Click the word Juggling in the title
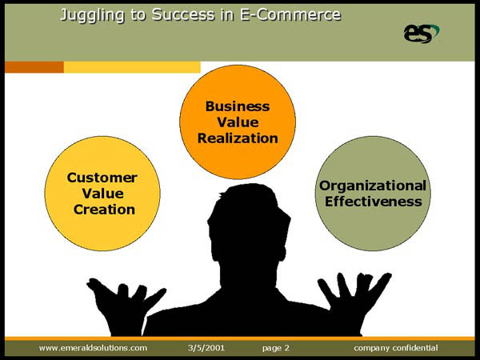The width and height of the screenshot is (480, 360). point(93,15)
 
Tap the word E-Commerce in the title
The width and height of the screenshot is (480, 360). point(290,14)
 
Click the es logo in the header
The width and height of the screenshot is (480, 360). point(422,34)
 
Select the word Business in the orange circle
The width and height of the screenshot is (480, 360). point(238,106)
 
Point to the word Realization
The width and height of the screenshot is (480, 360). point(238,138)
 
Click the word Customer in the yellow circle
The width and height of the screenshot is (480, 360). point(102,178)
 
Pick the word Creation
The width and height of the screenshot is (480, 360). point(104,210)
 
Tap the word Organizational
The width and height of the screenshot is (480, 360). point(373,186)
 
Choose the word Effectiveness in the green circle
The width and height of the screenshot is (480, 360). point(373,202)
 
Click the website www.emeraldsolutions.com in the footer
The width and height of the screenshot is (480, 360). point(93,348)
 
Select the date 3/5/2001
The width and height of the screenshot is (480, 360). point(206,348)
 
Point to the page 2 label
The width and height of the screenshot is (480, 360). point(275,348)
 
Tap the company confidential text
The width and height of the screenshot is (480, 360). point(396,348)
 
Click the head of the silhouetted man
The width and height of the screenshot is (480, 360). point(249,222)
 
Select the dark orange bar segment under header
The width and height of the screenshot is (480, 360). point(34,67)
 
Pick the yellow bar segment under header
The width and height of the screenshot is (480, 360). point(132,67)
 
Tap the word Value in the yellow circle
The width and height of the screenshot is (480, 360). point(103,194)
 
